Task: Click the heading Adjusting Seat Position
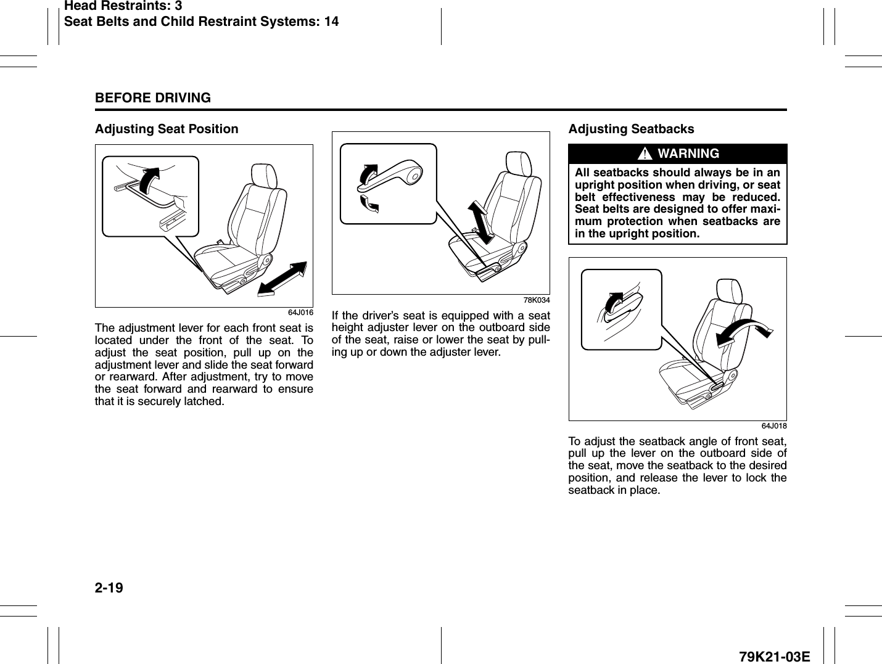(x=167, y=129)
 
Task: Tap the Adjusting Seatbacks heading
(x=631, y=129)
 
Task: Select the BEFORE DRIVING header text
(x=153, y=98)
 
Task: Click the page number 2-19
(x=109, y=588)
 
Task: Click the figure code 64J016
(x=301, y=313)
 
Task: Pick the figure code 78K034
(x=537, y=300)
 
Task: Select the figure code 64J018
(x=773, y=426)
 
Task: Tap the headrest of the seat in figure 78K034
(x=518, y=163)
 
